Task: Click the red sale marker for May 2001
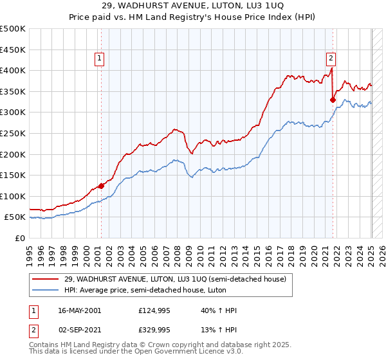point(101,186)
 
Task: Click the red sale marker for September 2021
point(333,100)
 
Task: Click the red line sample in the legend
point(46,278)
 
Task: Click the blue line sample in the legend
point(46,289)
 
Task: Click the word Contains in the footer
point(45,346)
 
